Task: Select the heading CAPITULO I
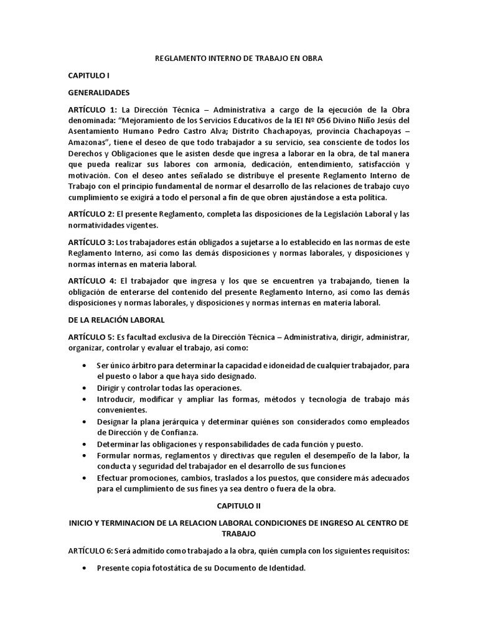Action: (x=88, y=75)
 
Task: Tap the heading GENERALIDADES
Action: (x=98, y=92)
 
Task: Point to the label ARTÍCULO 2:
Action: (x=92, y=215)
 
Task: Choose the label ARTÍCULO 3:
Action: (x=92, y=241)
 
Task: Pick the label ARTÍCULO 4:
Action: (x=92, y=281)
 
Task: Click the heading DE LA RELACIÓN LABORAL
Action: (x=116, y=320)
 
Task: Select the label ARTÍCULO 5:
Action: (x=92, y=337)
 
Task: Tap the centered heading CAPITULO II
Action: (x=238, y=507)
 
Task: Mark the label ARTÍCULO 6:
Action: (x=92, y=551)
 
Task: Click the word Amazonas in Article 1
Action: (x=88, y=142)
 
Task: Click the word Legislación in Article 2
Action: (x=340, y=215)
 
